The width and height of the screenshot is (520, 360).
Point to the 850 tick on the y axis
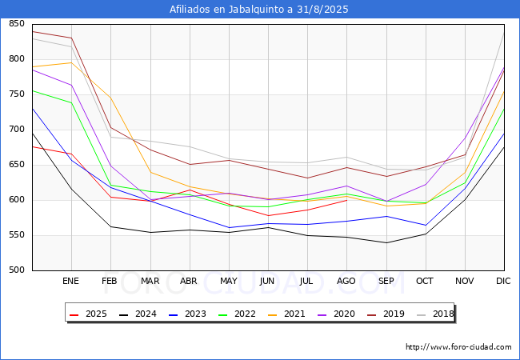(x=16, y=24)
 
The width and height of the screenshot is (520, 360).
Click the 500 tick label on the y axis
(x=16, y=270)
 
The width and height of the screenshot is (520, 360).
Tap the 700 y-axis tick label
(x=16, y=130)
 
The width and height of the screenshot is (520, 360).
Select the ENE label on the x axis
(x=71, y=282)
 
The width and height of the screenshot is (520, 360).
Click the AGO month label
(x=346, y=282)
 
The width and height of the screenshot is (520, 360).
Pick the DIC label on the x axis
(x=503, y=282)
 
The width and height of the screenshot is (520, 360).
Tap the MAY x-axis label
(x=228, y=282)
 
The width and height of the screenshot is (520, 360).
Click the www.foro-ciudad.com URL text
(x=458, y=347)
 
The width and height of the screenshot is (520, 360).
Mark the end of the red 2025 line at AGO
(x=346, y=200)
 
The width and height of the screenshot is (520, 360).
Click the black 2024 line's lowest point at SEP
(x=386, y=242)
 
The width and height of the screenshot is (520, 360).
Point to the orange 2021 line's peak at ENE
(x=71, y=62)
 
